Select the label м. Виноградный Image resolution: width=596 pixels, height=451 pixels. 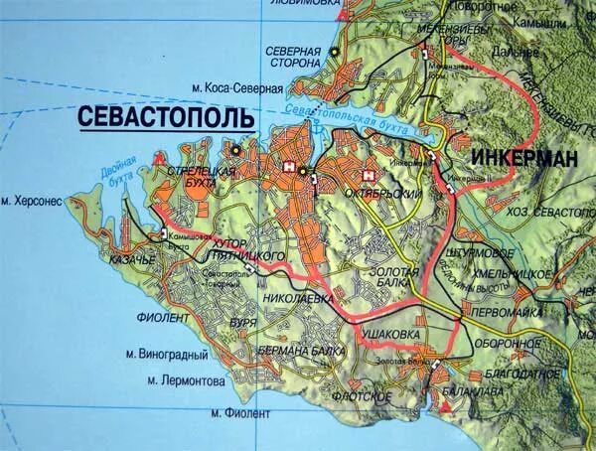point(167,352)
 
